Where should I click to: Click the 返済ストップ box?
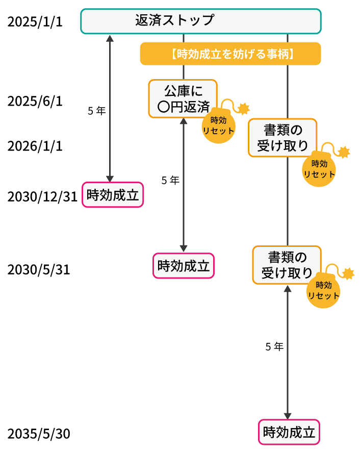point(200,21)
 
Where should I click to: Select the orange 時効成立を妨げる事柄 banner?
point(230,54)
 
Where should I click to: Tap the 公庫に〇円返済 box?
point(183,98)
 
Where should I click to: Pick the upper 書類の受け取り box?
point(282,138)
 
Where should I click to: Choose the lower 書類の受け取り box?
point(287,265)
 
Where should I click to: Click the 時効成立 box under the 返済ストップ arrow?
point(113,195)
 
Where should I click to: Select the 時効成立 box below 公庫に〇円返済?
point(184,266)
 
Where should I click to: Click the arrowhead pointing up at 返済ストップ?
point(110,38)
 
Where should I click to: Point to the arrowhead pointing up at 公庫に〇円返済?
point(184,121)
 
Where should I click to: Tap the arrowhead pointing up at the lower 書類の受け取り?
point(288,289)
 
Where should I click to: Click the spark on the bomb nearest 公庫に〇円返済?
point(244,108)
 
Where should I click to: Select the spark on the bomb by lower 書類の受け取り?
point(348,273)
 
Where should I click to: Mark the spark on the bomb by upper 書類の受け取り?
point(345,152)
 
